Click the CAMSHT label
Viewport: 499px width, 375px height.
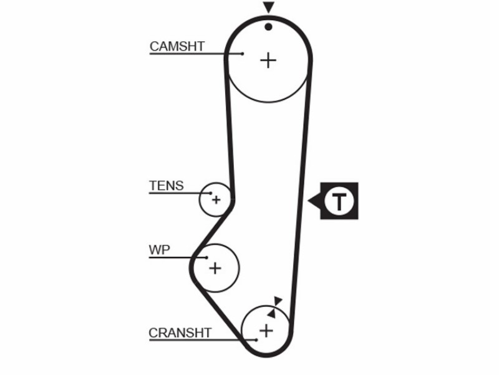[177, 46]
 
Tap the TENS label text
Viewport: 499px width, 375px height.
[166, 186]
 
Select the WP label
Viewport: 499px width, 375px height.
[159, 249]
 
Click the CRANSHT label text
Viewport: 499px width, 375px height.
[180, 333]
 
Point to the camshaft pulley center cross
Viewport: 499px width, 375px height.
[268, 61]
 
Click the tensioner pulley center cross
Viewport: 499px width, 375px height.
[216, 200]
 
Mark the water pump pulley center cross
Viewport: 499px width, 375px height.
[215, 268]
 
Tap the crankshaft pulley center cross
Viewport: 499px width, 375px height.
[266, 331]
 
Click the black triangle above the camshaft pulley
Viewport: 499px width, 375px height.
[269, 7]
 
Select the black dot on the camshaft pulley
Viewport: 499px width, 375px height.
[269, 27]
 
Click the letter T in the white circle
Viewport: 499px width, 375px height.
[339, 201]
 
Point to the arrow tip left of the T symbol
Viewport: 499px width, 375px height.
[308, 201]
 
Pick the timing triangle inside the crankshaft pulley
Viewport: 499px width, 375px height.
[272, 314]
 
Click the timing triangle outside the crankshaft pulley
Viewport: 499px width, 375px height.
[278, 301]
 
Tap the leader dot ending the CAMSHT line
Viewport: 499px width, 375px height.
[243, 54]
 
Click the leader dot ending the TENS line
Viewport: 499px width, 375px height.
[210, 193]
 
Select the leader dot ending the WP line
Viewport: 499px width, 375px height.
[206, 257]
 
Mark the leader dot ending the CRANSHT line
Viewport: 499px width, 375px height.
[256, 340]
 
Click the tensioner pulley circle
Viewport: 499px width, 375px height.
[200, 200]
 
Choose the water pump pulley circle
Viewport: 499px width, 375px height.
[239, 268]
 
